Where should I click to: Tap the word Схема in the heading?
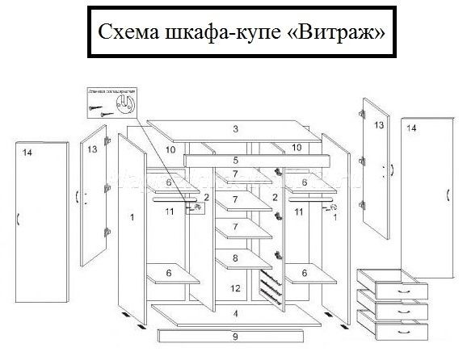(x=128, y=33)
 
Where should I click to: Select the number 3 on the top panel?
(x=235, y=129)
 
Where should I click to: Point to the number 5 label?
(x=235, y=161)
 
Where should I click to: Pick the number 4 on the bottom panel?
(x=235, y=313)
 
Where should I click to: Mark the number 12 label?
(x=234, y=288)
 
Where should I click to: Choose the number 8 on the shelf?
(x=235, y=259)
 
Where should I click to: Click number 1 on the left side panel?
(x=130, y=217)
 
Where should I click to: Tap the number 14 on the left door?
(x=27, y=153)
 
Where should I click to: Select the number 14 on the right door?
(x=411, y=128)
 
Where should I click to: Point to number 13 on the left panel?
(x=92, y=150)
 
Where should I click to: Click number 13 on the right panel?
(x=378, y=125)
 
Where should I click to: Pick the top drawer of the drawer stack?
(x=393, y=283)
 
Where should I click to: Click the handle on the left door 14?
(x=18, y=218)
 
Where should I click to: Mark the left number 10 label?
(x=170, y=150)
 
